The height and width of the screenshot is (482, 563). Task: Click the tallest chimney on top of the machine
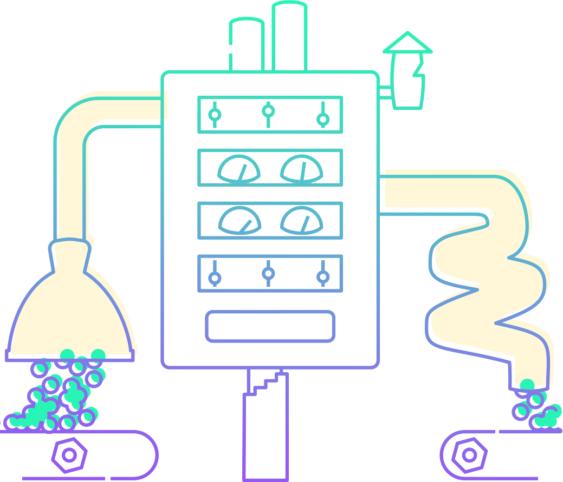pyautogui.click(x=289, y=38)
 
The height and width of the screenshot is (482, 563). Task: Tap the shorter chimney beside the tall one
pyautogui.click(x=247, y=46)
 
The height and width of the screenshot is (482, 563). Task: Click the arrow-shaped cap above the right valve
pyautogui.click(x=407, y=43)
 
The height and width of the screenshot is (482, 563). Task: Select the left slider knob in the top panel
pyautogui.click(x=215, y=115)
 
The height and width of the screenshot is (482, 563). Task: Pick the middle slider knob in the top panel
pyautogui.click(x=268, y=111)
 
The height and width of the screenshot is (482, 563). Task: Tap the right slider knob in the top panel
pyautogui.click(x=323, y=118)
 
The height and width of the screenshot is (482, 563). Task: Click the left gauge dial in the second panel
pyautogui.click(x=239, y=169)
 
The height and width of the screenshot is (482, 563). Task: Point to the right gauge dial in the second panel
pyautogui.click(x=302, y=169)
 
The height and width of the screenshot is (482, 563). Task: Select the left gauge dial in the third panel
pyautogui.click(x=239, y=221)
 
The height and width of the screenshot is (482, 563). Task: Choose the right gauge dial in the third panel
pyautogui.click(x=302, y=221)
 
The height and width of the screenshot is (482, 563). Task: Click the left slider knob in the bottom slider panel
pyautogui.click(x=215, y=278)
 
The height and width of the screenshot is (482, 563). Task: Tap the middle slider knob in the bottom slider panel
pyautogui.click(x=268, y=273)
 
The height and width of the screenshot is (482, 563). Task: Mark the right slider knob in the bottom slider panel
pyautogui.click(x=323, y=277)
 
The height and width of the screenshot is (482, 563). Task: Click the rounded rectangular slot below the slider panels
pyautogui.click(x=270, y=326)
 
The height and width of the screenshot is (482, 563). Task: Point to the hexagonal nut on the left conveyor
pyautogui.click(x=69, y=455)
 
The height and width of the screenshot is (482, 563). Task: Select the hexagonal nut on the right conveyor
pyautogui.click(x=469, y=455)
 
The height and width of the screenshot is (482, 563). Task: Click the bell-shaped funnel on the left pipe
pyautogui.click(x=70, y=308)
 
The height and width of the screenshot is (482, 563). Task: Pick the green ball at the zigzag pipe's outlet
pyautogui.click(x=527, y=385)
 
